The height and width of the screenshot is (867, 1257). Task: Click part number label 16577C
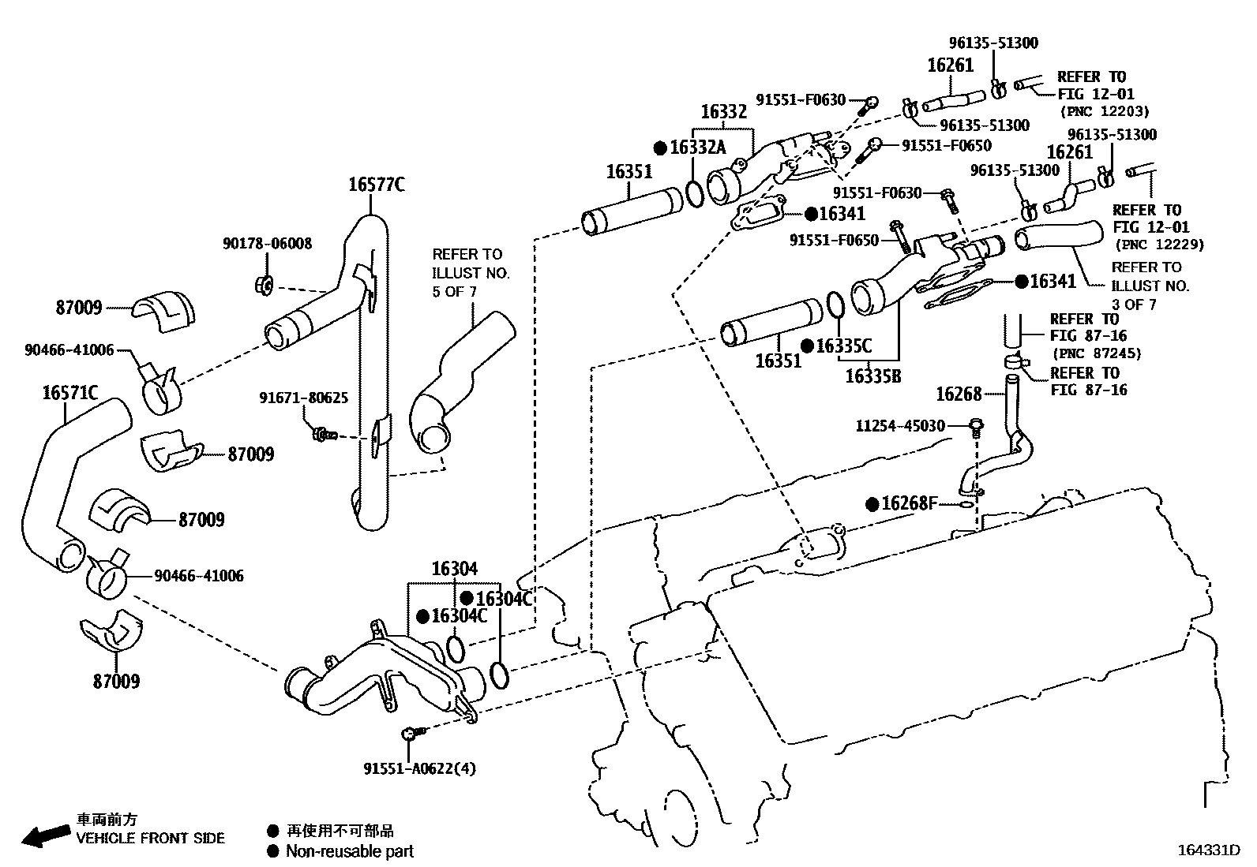[376, 185]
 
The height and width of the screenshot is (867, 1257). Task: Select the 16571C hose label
[69, 392]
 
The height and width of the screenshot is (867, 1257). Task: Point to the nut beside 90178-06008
[265, 284]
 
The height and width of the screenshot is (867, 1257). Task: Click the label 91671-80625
[303, 398]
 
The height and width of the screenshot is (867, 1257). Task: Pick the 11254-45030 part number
[900, 426]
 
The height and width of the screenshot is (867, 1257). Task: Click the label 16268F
[908, 503]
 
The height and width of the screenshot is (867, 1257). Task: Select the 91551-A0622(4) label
[419, 768]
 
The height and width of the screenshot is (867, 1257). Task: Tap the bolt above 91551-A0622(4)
[410, 734]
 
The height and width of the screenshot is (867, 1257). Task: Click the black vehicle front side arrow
[44, 835]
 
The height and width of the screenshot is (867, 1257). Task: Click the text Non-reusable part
[349, 850]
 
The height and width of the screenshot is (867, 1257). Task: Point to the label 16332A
[696, 148]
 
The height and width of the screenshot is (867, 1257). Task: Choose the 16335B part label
[872, 376]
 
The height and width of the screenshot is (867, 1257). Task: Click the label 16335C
[843, 346]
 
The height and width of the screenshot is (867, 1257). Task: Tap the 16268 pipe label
[959, 394]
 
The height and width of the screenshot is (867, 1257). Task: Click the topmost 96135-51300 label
[992, 43]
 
